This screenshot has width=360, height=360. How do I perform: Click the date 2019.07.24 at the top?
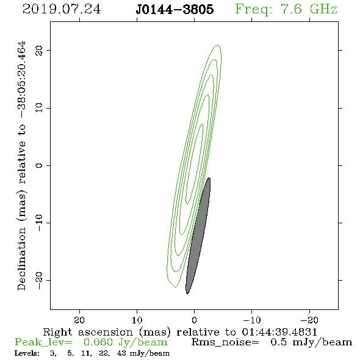(x=62, y=9)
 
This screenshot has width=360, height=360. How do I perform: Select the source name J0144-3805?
(x=175, y=9)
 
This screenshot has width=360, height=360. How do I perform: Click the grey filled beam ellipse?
(x=198, y=236)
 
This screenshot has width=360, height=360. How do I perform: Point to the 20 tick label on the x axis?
(x=79, y=320)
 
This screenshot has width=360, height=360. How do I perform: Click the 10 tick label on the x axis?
(x=137, y=320)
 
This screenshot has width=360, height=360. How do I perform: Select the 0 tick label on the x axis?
(x=194, y=320)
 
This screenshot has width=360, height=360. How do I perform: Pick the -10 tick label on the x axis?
(x=252, y=320)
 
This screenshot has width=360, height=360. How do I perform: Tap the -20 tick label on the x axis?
(x=309, y=320)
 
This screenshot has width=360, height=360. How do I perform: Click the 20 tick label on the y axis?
(x=39, y=50)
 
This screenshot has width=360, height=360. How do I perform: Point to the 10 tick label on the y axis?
(x=39, y=108)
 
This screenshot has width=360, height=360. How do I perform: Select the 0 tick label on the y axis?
(x=39, y=165)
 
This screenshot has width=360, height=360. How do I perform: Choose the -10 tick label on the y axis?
(x=39, y=223)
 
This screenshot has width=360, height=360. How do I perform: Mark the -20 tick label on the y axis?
(x=39, y=280)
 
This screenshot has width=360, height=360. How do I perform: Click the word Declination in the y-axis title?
(x=21, y=259)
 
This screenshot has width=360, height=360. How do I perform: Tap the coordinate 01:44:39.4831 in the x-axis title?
(x=279, y=332)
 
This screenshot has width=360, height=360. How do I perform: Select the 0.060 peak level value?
(x=98, y=342)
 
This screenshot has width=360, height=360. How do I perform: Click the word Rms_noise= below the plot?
(x=225, y=342)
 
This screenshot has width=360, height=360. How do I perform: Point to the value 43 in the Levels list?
(x=121, y=353)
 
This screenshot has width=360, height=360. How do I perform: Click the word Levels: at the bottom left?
(x=27, y=353)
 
